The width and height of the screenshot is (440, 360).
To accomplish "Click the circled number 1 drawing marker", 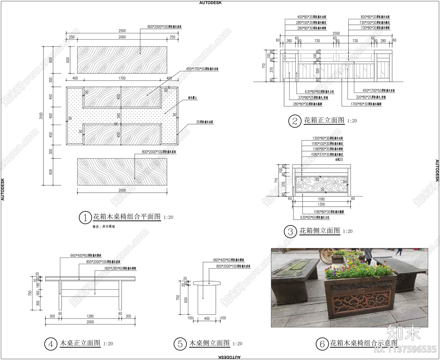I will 85,218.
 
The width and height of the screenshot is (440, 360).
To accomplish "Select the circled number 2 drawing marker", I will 295,121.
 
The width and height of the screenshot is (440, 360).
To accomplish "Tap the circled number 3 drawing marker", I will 290,232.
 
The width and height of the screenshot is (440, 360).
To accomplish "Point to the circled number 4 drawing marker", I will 51,344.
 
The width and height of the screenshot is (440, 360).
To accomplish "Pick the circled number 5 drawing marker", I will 180,344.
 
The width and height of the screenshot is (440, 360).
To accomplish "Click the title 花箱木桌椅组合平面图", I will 127,217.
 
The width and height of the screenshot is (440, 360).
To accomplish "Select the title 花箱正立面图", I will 324,120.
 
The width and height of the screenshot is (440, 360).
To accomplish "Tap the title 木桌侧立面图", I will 209,343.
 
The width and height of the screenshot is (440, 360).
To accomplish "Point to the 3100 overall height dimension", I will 41,116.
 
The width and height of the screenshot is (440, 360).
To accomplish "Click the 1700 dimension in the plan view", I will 122,78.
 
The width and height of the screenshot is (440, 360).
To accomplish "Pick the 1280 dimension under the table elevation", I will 90,316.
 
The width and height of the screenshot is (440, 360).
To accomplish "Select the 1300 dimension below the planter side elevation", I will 321,204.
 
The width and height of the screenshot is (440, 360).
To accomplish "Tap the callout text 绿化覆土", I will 193,98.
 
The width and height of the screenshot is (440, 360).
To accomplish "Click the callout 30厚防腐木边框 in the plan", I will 205,122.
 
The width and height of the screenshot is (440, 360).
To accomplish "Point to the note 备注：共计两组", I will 104,227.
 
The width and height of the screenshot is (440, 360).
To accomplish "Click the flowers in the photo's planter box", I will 360,269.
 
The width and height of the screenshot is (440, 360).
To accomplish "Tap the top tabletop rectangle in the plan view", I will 122,60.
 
